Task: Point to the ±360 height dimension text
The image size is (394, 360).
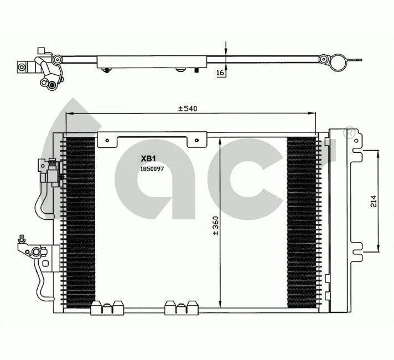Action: point(215,225)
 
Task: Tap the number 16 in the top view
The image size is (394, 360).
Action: point(220,73)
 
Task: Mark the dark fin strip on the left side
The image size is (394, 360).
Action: point(80,222)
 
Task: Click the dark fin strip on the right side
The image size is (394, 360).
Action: point(302,222)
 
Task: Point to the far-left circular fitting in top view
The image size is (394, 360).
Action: point(22,67)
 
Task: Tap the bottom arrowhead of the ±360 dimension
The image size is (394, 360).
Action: point(220,308)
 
